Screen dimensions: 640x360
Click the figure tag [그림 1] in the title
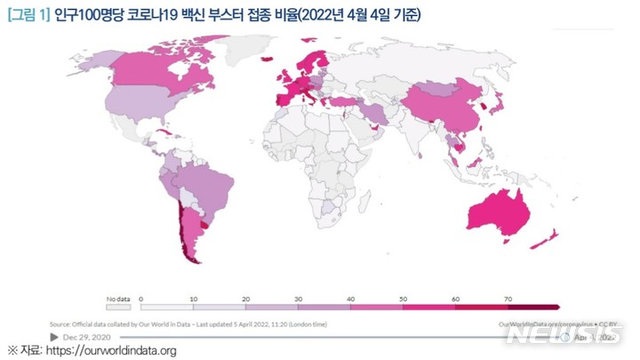click(x=29, y=15)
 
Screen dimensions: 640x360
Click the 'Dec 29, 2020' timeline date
click(x=87, y=337)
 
